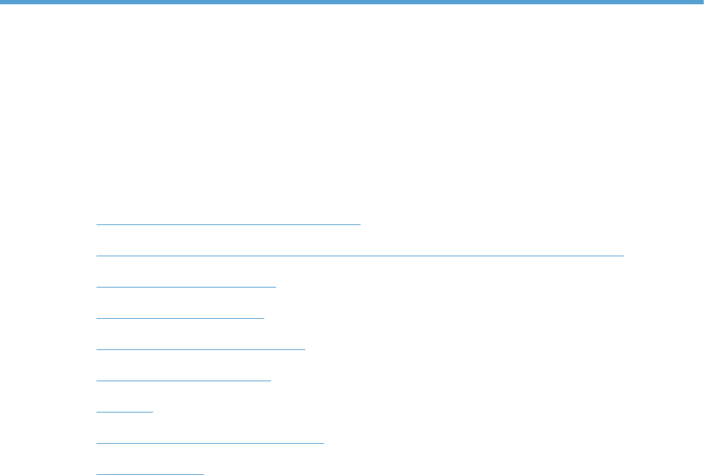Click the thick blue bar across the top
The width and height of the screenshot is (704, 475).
point(352,2)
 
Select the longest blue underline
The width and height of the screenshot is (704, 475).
point(360,254)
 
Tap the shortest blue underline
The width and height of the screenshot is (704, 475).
point(124,411)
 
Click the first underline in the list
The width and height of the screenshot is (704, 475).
point(229,223)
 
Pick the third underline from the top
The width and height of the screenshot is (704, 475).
point(186,286)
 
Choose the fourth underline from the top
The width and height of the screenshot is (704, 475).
point(180,317)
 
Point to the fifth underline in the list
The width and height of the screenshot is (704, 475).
point(200,349)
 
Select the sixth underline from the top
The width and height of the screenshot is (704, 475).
point(183,380)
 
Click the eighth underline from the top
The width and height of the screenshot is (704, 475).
point(209,442)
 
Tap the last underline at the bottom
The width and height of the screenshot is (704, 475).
point(150,473)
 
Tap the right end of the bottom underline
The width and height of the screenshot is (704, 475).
point(203,473)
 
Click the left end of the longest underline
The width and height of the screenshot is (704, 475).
point(97,254)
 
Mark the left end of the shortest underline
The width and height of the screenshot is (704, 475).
point(97,411)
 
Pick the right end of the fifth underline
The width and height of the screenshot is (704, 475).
point(304,349)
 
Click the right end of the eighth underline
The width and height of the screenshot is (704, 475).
point(323,442)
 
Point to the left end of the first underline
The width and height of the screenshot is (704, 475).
point(97,223)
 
